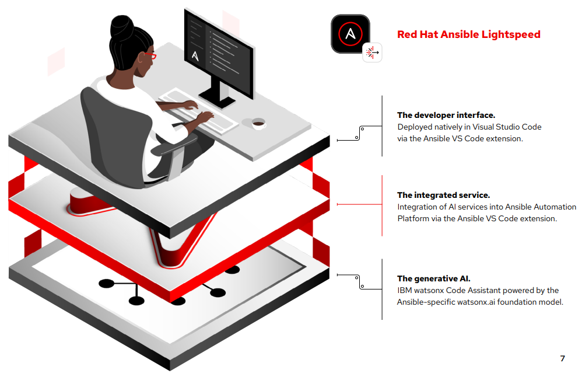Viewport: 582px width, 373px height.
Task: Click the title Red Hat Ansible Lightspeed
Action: pyautogui.click(x=468, y=34)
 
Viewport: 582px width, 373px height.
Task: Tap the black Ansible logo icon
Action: pyautogui.click(x=350, y=33)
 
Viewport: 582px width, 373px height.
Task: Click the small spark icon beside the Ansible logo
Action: pyautogui.click(x=372, y=53)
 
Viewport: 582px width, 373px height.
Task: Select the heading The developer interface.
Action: pyautogui.click(x=446, y=115)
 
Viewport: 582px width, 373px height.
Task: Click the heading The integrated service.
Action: pyautogui.click(x=444, y=195)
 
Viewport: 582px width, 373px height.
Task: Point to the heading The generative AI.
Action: pyautogui.click(x=433, y=278)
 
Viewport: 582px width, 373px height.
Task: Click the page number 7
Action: pyautogui.click(x=562, y=358)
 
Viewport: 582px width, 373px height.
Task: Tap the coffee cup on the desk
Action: pyautogui.click(x=258, y=124)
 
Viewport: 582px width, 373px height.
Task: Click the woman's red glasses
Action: pyautogui.click(x=150, y=55)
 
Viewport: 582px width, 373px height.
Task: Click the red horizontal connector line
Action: pyautogui.click(x=359, y=204)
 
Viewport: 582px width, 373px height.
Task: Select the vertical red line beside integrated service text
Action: pyautogui.click(x=382, y=205)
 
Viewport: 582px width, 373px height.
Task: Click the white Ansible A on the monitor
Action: pyautogui.click(x=195, y=55)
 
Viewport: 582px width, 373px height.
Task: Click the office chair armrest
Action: pyautogui.click(x=174, y=146)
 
